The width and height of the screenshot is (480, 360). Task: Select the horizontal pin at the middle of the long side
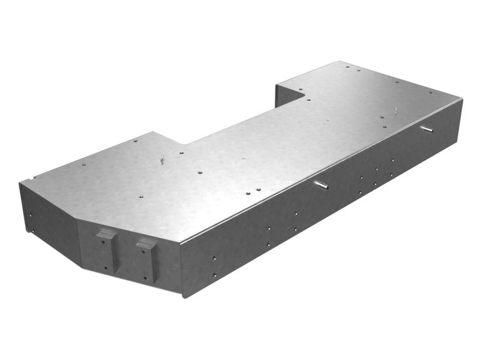[x=322, y=185]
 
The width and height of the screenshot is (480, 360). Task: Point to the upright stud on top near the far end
[x=396, y=110]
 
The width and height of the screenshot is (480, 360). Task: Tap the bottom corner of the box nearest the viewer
[x=182, y=295]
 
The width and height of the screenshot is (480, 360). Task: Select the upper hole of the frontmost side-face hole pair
[x=214, y=257]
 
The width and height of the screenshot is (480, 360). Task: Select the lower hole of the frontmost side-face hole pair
[x=214, y=275]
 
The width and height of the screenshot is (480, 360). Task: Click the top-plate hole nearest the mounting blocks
[x=139, y=195]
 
